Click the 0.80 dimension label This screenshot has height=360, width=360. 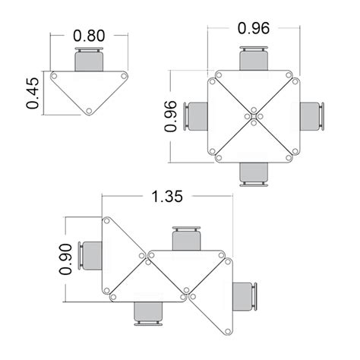[89, 35]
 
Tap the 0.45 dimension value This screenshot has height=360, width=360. [33, 93]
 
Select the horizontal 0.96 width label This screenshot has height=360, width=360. [254, 29]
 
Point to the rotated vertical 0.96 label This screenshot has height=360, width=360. [172, 115]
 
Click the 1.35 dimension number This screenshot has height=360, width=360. [166, 196]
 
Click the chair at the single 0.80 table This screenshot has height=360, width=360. [90, 59]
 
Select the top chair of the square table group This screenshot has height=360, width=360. [254, 58]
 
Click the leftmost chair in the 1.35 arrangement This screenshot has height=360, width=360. [91, 256]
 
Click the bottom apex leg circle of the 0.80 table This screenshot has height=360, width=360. [89, 112]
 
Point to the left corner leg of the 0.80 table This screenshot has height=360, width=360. [54, 76]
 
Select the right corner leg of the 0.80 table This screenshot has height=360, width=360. [124, 76]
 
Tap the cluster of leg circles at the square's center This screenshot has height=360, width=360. [254, 116]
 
